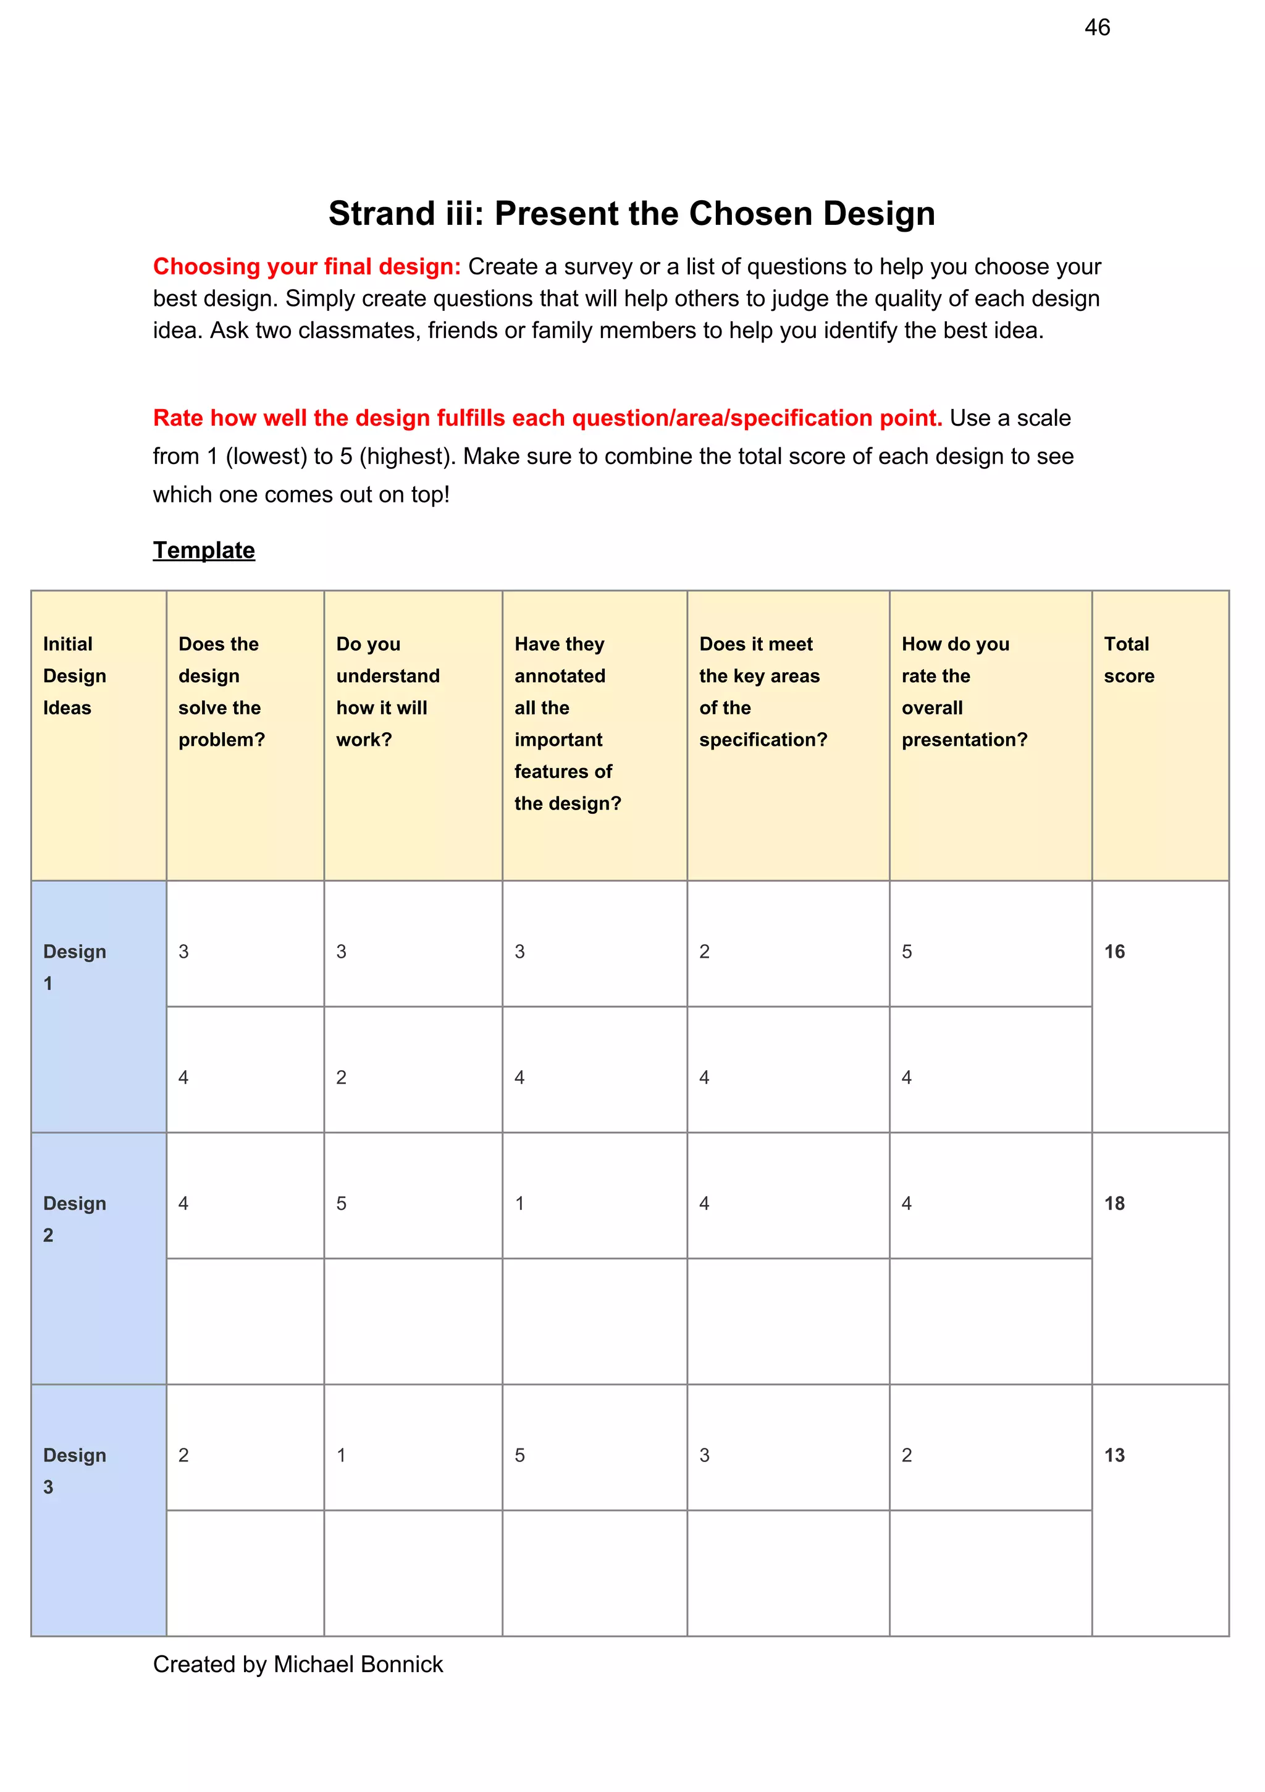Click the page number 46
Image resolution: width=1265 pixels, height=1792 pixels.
pyautogui.click(x=1096, y=28)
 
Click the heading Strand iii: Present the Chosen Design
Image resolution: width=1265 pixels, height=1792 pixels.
pyautogui.click(x=631, y=213)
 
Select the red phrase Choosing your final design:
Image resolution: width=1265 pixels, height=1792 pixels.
pyautogui.click(x=307, y=267)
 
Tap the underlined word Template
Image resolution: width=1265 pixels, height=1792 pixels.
pyautogui.click(x=204, y=550)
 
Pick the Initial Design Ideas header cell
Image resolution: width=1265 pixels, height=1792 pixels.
pyautogui.click(x=74, y=676)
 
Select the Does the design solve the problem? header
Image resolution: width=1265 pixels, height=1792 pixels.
pyautogui.click(x=222, y=691)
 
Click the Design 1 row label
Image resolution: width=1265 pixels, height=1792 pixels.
pyautogui.click(x=74, y=967)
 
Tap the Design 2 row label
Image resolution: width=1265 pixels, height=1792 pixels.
pyautogui.click(x=74, y=1219)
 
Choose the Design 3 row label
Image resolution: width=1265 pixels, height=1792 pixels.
pyautogui.click(x=74, y=1471)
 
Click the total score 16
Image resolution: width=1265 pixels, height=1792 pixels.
pyautogui.click(x=1114, y=952)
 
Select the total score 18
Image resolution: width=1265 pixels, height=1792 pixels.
pyautogui.click(x=1114, y=1204)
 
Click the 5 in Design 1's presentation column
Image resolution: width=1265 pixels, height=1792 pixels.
pyautogui.click(x=906, y=952)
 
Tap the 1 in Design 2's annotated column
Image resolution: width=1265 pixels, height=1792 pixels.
pyautogui.click(x=519, y=1204)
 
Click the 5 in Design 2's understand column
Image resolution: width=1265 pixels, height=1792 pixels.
pyautogui.click(x=341, y=1204)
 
